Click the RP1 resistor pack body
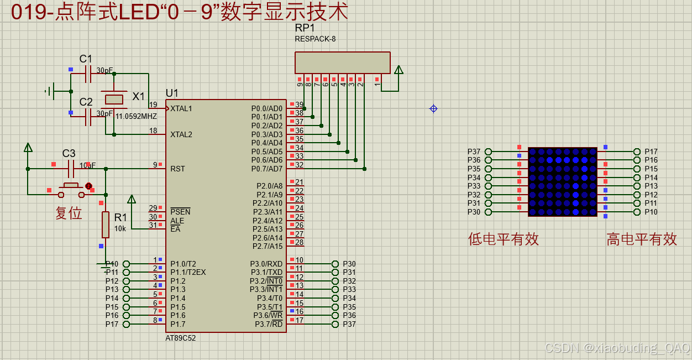point(342,62)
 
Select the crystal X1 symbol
point(114,100)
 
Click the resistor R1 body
point(105,224)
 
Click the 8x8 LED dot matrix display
point(562,182)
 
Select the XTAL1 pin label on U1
point(181,108)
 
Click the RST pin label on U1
point(177,169)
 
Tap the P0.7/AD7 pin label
point(266,169)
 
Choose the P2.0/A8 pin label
point(269,186)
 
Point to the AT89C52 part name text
point(180,338)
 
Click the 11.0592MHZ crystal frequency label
point(136,117)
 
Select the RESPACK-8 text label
point(315,39)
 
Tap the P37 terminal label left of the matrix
point(474,152)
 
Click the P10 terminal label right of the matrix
point(651,212)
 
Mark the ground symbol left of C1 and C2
point(50,91)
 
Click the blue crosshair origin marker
point(433,109)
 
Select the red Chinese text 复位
point(69,213)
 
